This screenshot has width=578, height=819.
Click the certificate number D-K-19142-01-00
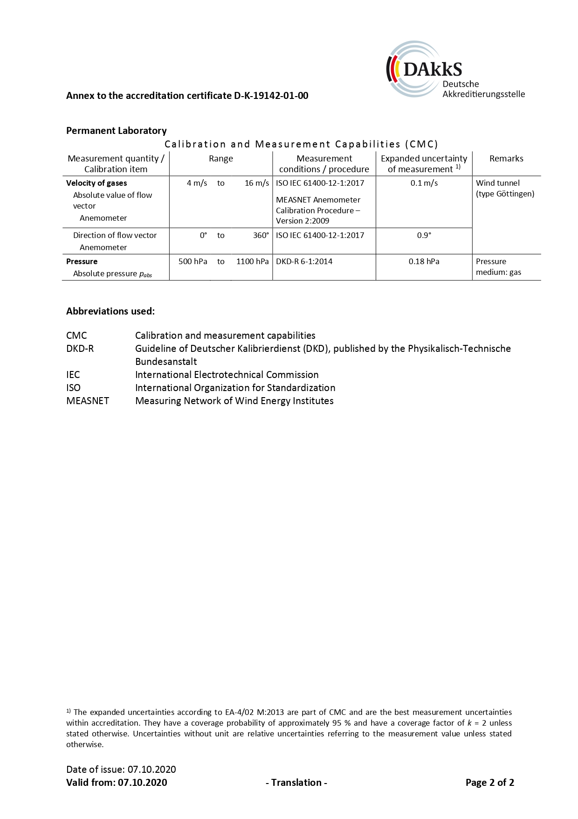[271, 96]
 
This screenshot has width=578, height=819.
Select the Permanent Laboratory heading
[116, 131]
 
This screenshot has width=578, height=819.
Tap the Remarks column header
[506, 159]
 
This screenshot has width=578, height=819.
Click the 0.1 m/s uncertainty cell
[424, 183]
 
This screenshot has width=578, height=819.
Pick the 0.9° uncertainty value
[424, 235]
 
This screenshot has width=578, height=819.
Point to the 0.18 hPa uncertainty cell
[424, 261]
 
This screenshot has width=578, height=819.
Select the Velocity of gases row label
[96, 183]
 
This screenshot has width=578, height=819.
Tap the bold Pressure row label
[82, 261]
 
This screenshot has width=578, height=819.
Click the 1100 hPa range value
[252, 261]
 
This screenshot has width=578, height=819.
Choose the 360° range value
[261, 235]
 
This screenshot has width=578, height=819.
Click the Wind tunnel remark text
[498, 183]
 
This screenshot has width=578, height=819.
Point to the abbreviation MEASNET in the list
[88, 401]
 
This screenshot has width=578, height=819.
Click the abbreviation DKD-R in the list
[80, 349]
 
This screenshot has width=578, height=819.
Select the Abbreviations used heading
[110, 311]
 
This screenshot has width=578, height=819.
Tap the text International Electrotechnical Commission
[227, 375]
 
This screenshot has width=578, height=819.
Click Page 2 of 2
[489, 783]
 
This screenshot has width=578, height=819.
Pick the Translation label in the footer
[296, 783]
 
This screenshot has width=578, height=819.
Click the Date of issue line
[121, 770]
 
